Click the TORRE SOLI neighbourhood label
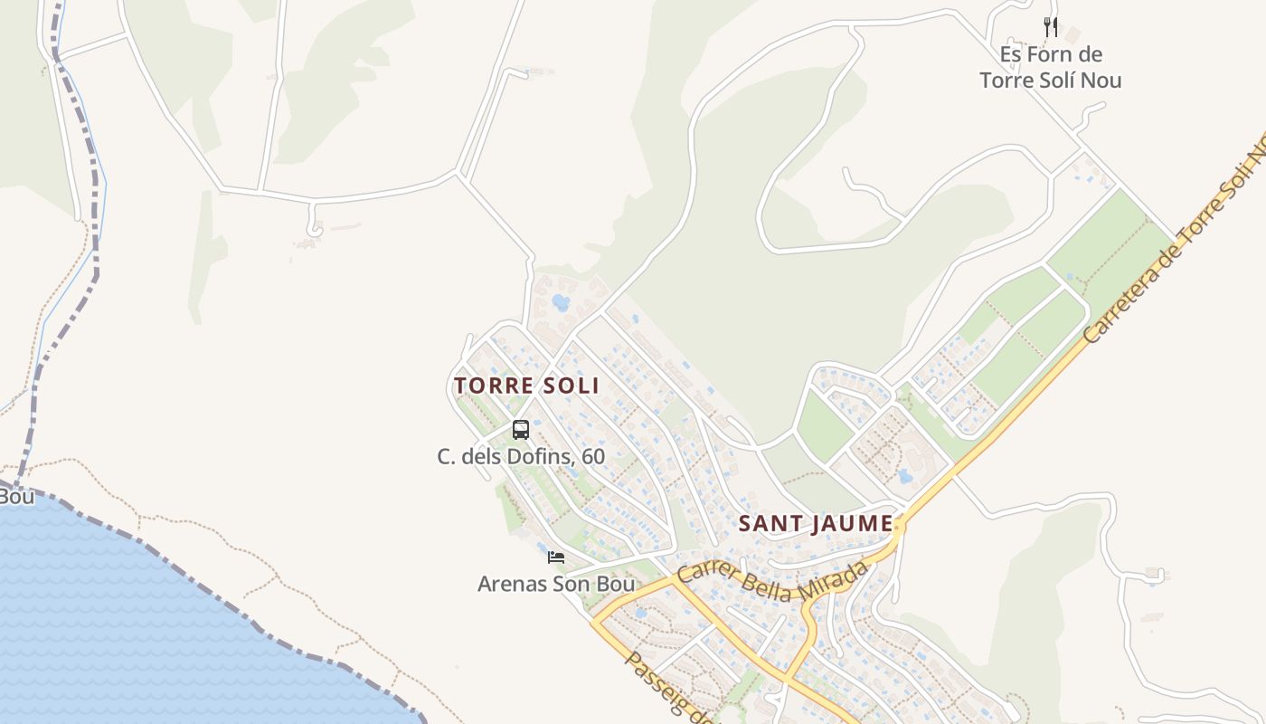[526, 386]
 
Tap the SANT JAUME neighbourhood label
[816, 524]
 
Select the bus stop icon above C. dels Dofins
[520, 430]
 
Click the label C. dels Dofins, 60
[521, 456]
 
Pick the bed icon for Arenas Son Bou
[556, 557]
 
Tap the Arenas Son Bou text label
[556, 584]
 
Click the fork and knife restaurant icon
[1050, 27]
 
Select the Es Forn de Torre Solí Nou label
[1050, 67]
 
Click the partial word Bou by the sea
[15, 497]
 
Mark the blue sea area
[136, 633]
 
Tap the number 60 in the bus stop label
[593, 456]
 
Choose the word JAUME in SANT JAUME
[853, 524]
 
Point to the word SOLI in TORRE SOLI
[571, 386]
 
